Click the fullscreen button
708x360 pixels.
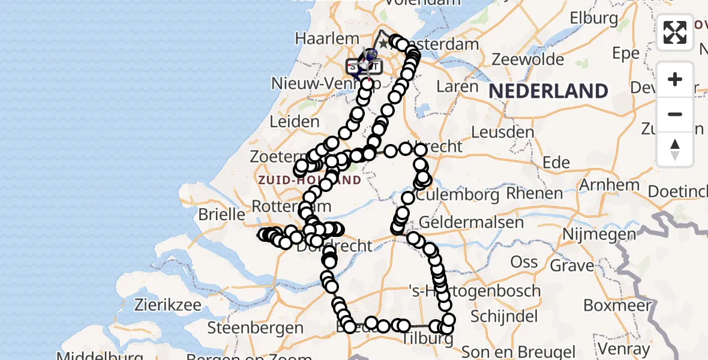[675, 32]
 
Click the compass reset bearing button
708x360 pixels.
[675, 149]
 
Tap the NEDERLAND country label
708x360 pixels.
[548, 91]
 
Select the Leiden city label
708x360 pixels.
[294, 121]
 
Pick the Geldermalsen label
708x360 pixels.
[471, 222]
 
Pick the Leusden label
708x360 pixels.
[503, 131]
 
